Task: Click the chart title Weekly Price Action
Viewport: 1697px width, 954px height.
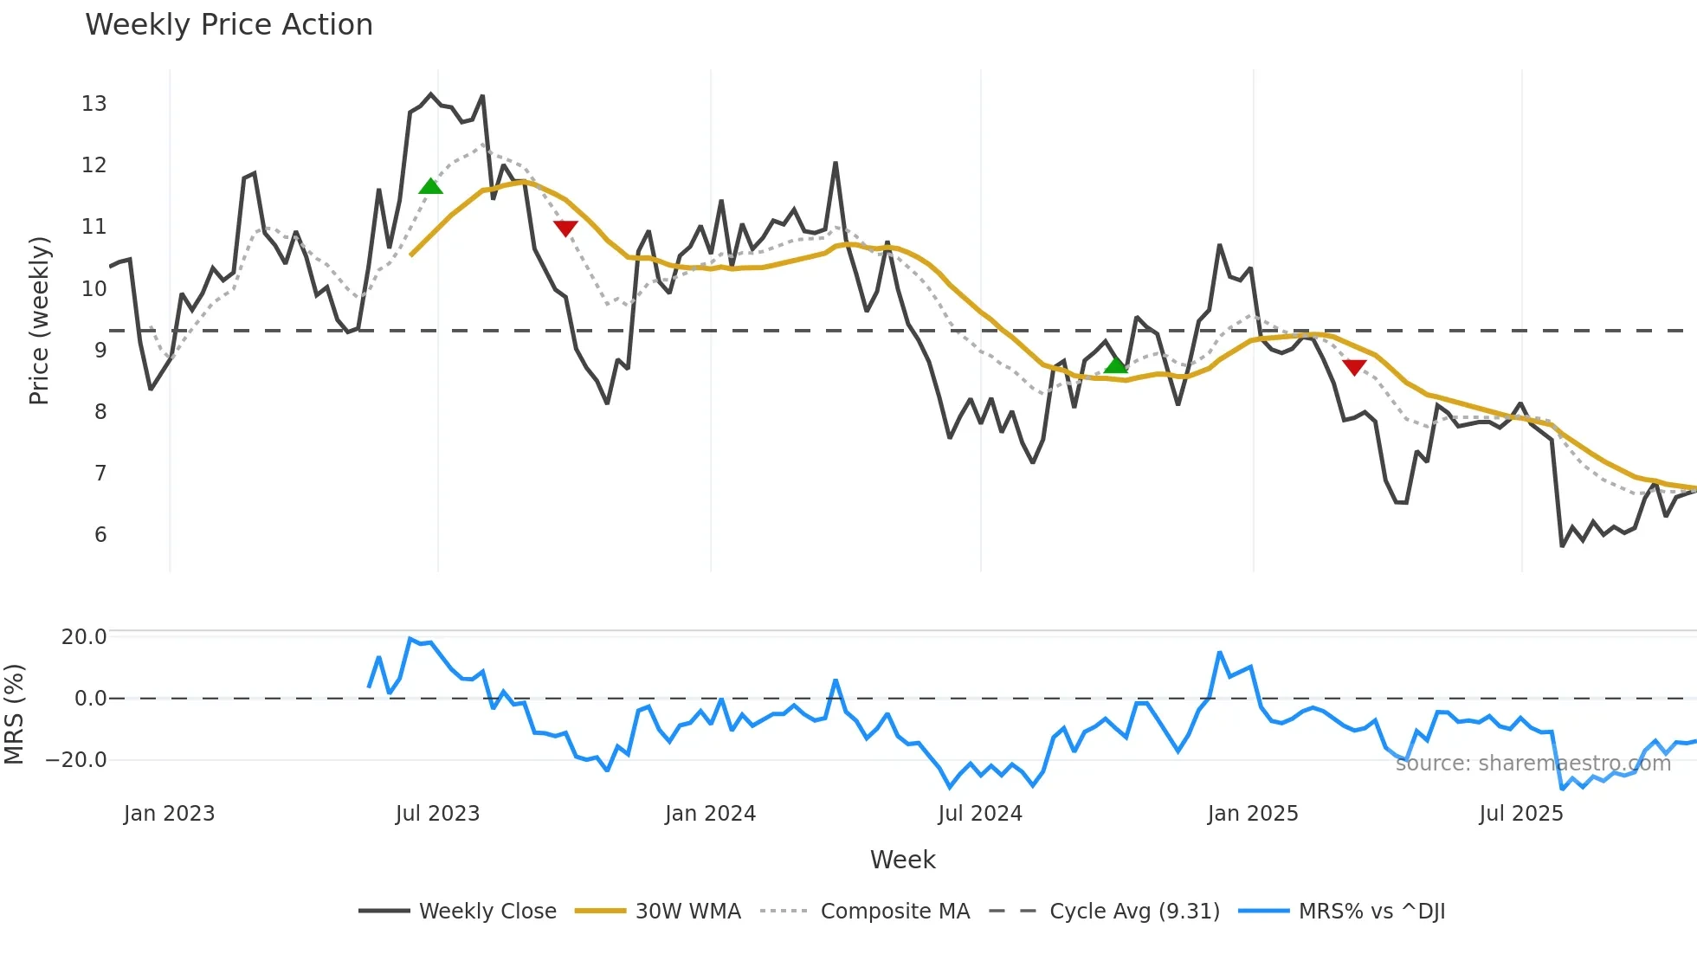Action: (229, 25)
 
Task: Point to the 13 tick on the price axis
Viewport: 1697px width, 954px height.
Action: (94, 104)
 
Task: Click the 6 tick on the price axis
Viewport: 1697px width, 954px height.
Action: (100, 535)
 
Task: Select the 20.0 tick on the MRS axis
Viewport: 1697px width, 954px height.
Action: (84, 637)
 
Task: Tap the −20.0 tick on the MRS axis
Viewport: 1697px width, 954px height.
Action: (76, 760)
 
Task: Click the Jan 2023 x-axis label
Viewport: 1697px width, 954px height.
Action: (169, 814)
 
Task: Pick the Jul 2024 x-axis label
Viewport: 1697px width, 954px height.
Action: (980, 814)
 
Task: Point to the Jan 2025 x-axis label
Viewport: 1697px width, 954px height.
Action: (1253, 814)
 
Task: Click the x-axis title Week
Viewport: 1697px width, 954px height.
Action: (902, 860)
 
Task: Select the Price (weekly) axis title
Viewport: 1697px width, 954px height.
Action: (40, 320)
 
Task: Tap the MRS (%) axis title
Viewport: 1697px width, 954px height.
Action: (15, 714)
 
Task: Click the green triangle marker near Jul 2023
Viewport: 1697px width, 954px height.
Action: (430, 186)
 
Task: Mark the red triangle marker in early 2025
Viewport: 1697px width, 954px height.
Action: (1354, 367)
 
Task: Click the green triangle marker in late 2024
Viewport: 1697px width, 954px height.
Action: (1116, 365)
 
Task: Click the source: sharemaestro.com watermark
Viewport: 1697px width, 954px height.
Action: (1532, 764)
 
